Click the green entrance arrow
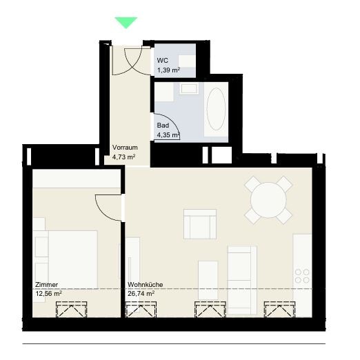tap(126, 23)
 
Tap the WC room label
tap(163, 61)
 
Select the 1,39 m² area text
tap(168, 70)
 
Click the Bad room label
tap(163, 126)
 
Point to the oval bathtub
tap(216, 109)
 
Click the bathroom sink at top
tap(189, 89)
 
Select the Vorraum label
tap(125, 148)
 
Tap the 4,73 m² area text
tap(123, 157)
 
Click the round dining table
tap(268, 200)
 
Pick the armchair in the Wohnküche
tap(200, 224)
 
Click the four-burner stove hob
tap(302, 276)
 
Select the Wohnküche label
tap(146, 285)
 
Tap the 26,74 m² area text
tap(141, 294)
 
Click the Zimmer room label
tap(46, 285)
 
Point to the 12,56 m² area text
tap(48, 294)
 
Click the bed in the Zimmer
tap(67, 259)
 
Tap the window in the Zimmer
tap(72, 310)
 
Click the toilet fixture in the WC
tap(187, 61)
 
